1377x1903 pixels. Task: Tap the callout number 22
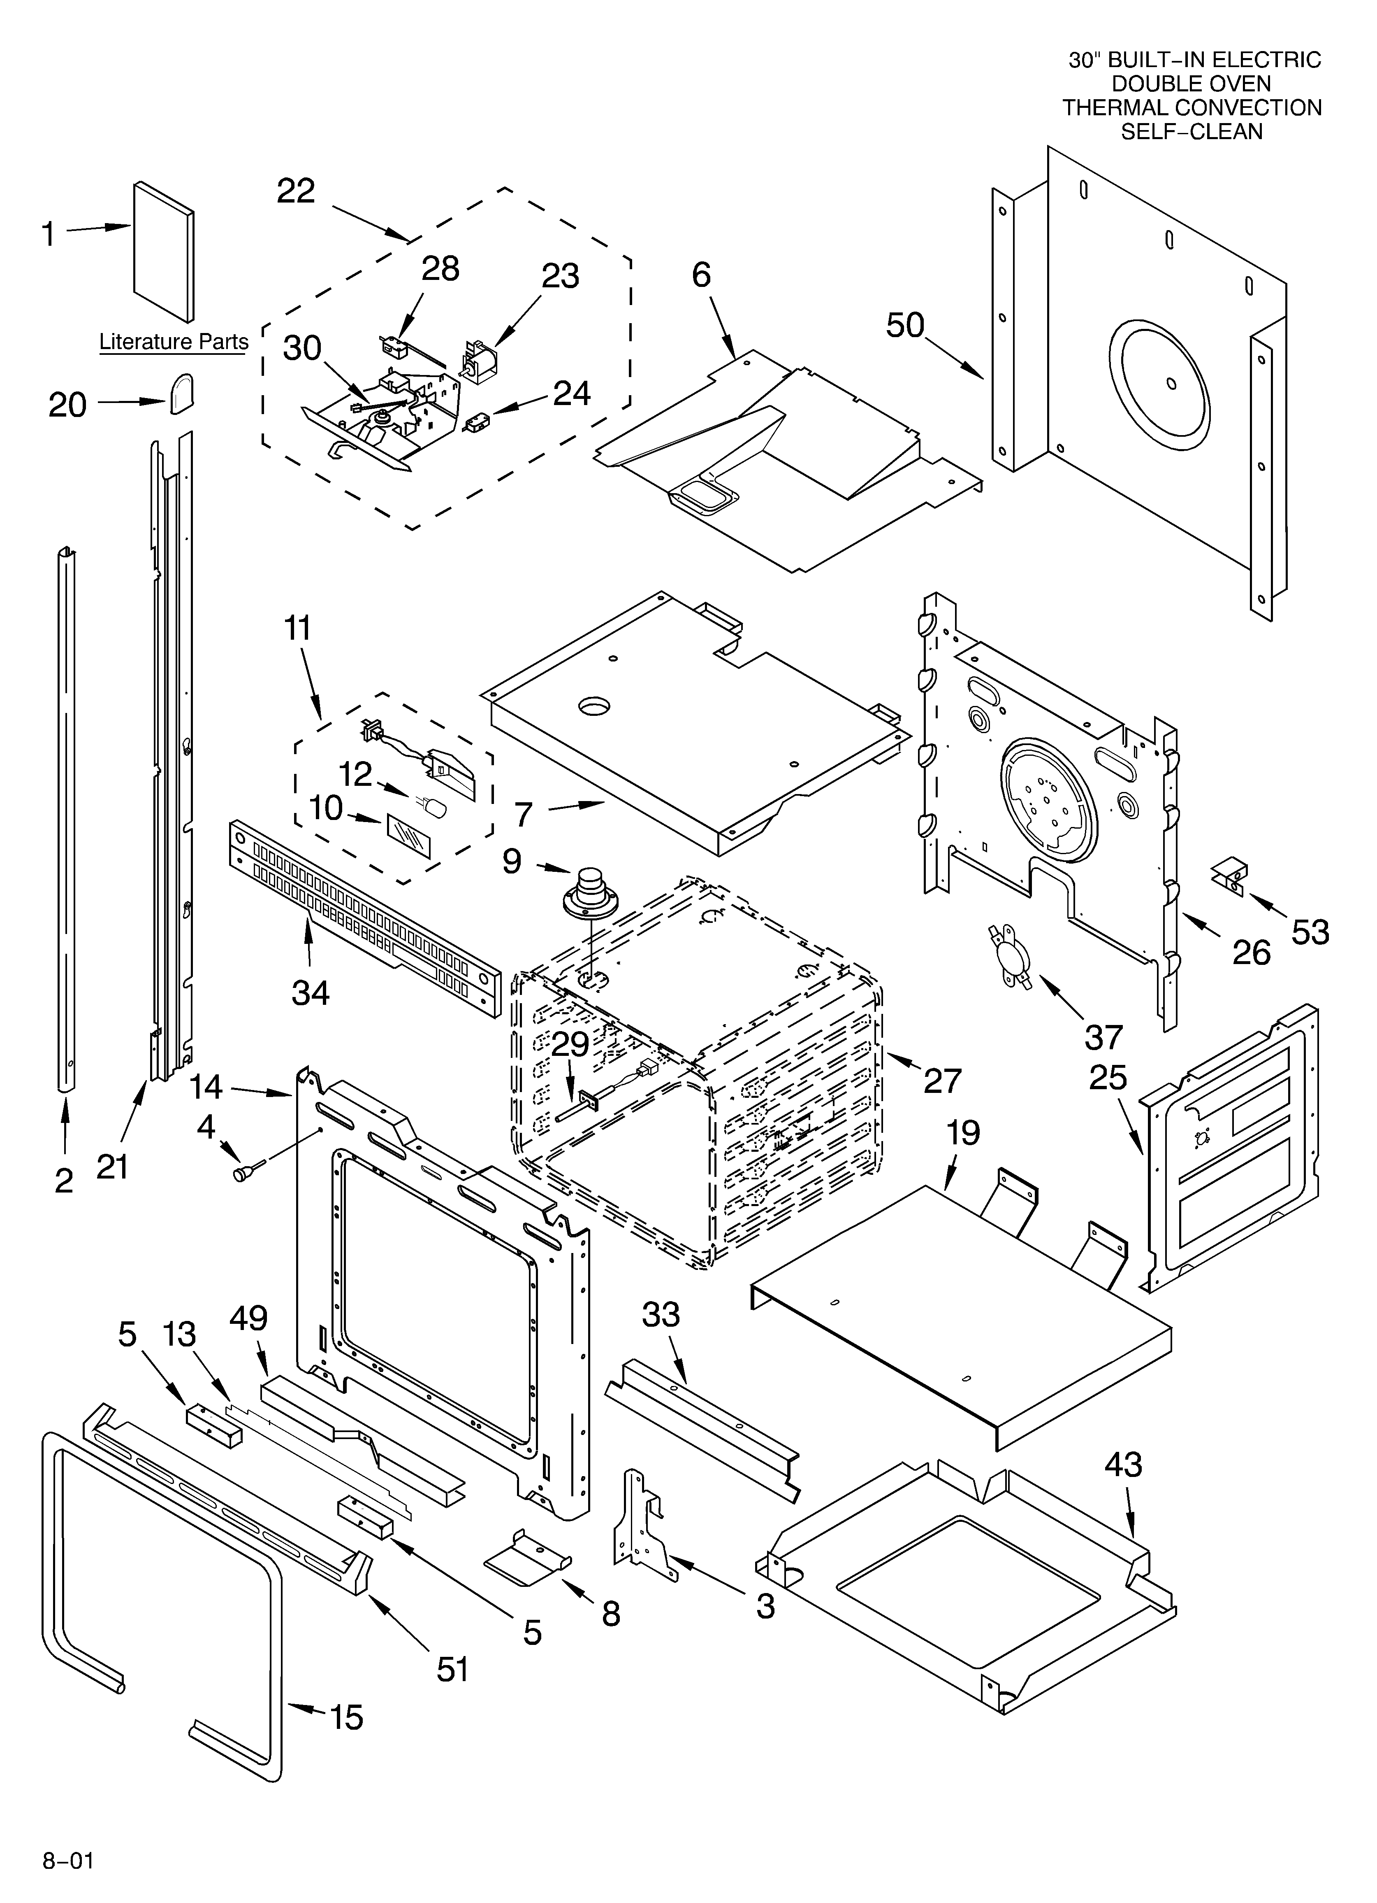296,191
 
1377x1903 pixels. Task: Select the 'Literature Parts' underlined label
174,342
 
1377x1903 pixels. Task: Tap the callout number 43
1123,1465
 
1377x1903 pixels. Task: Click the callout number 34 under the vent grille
310,992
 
